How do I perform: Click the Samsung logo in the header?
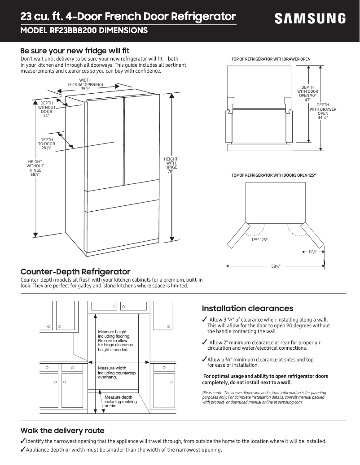point(310,18)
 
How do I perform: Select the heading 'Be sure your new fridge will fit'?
point(75,51)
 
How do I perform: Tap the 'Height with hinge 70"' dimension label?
point(171,165)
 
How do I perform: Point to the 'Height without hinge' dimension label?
point(35,168)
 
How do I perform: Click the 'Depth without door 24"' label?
point(47,110)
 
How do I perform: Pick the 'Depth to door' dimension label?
point(47,144)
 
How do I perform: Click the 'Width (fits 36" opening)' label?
point(85,84)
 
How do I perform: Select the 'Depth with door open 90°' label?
point(307,94)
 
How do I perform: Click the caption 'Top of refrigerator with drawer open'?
point(271,59)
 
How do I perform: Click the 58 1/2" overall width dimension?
point(276,266)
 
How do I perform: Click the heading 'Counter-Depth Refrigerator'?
point(75,272)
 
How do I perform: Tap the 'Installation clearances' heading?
point(247,309)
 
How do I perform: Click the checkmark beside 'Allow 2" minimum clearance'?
point(205,343)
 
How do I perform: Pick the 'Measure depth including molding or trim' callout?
point(118,401)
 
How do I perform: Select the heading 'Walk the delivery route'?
point(62,430)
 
